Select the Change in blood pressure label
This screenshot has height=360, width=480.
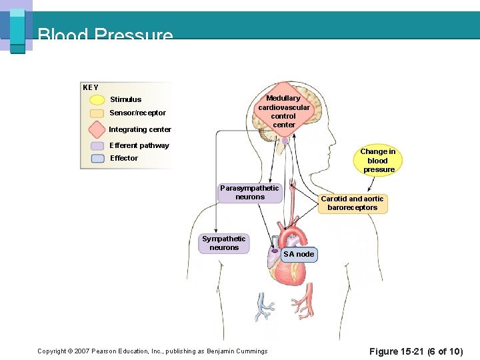point(377,161)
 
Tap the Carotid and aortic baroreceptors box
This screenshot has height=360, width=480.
point(352,203)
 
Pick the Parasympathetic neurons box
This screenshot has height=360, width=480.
point(249,193)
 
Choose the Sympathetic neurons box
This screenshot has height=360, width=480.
point(224,243)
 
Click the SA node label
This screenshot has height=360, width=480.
point(299,254)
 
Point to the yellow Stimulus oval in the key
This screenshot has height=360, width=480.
point(97,100)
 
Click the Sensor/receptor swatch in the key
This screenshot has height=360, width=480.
point(97,113)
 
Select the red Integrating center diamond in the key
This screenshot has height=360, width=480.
point(97,129)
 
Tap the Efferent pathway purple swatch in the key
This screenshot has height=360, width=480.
point(97,145)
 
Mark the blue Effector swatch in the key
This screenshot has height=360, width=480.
point(97,159)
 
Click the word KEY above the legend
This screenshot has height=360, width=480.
point(91,87)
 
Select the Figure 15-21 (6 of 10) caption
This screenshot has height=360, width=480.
point(415,351)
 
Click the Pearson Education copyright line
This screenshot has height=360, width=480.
point(153,351)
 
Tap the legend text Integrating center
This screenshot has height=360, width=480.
point(140,129)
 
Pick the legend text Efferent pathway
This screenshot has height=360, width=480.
point(139,145)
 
